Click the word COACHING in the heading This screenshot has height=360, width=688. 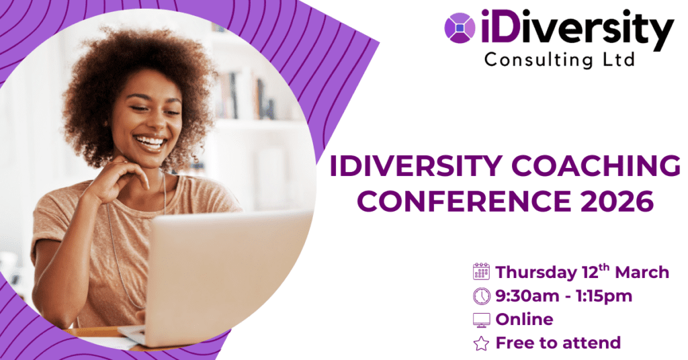[x=596, y=166]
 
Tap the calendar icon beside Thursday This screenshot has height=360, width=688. [x=481, y=271]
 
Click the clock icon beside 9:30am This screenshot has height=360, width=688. [x=481, y=296]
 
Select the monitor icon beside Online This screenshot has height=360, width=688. [x=481, y=320]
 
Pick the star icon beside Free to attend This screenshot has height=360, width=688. [x=481, y=343]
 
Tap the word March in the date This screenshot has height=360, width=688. [x=642, y=272]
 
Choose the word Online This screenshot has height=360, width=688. [x=524, y=319]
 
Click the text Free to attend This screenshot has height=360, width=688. [x=558, y=343]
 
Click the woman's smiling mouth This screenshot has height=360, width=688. [x=150, y=142]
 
